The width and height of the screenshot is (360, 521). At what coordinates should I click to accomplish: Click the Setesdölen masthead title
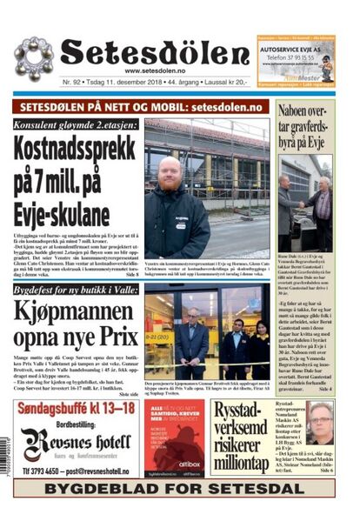(155, 53)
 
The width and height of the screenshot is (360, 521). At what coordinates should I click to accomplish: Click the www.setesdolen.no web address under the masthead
(157, 71)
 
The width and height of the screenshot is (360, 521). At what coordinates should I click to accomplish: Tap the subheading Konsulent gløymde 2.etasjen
(77, 125)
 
